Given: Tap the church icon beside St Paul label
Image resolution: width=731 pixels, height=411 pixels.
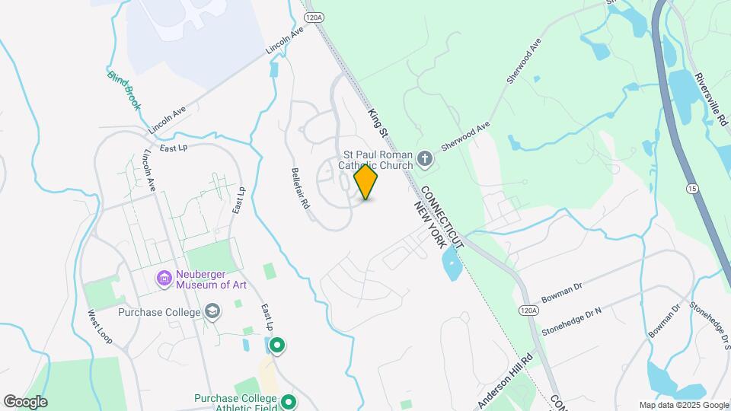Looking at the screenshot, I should pos(425,160).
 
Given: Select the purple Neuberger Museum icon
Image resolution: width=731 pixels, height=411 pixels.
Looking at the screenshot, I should pos(163,279).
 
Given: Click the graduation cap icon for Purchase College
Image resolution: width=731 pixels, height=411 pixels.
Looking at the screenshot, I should pos(212,312).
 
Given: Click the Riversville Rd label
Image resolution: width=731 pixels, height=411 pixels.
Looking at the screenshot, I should pos(710,104).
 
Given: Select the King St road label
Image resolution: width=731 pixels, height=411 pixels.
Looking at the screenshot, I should pos(378,123).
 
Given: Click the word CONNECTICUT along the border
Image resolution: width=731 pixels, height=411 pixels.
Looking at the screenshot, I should pos(442,216).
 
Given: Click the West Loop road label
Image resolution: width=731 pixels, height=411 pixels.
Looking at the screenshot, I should pos(100,327).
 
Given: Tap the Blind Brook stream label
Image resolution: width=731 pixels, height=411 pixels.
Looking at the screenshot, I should pos(124,91).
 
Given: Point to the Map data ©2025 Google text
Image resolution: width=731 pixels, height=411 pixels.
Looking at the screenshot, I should pos(683,405).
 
